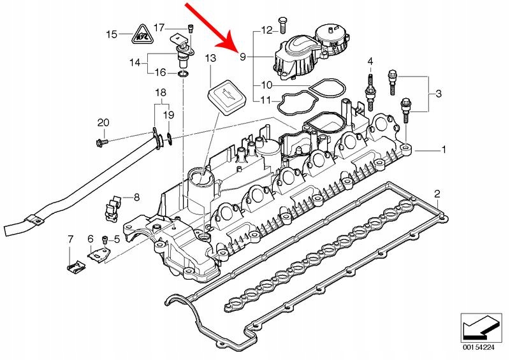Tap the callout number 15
tap(112, 34)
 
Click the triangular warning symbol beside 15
tap(142, 34)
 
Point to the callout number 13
tap(211, 59)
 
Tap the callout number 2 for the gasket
tap(437, 193)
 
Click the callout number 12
tap(266, 29)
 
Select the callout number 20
tap(103, 122)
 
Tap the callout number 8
tap(136, 198)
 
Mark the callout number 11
tap(266, 100)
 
